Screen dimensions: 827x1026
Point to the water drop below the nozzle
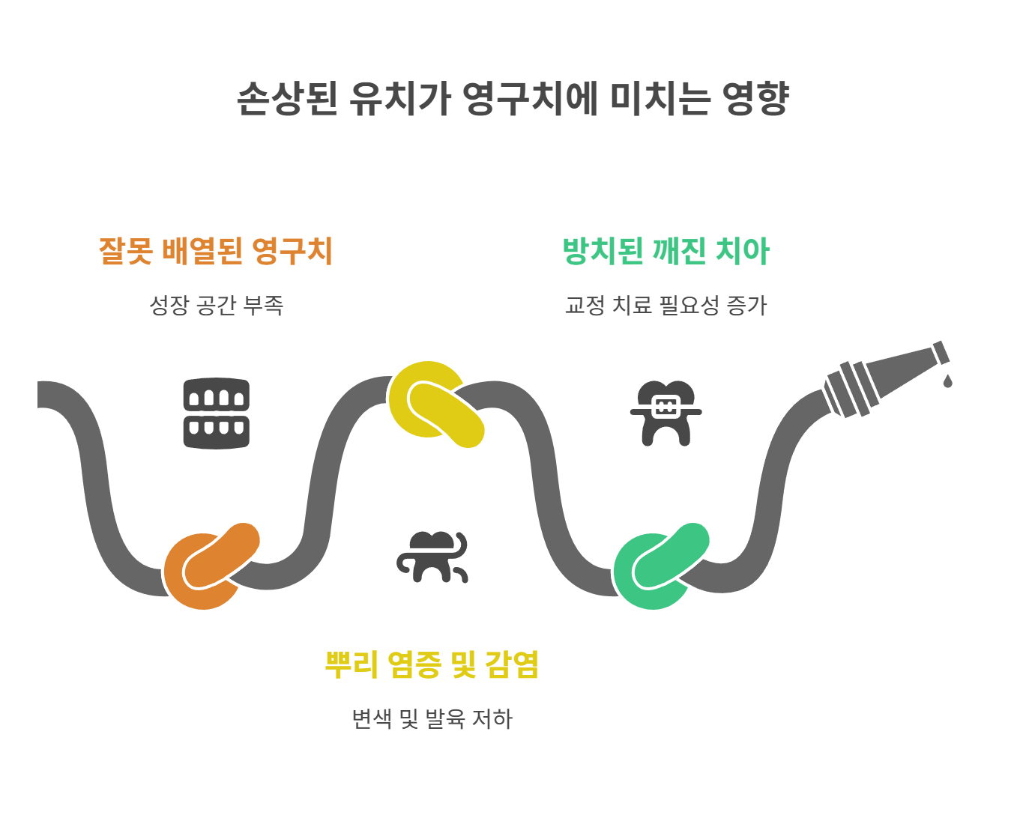click(x=947, y=381)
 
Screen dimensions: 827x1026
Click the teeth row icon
click(x=216, y=413)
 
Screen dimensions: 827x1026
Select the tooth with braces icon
click(x=666, y=413)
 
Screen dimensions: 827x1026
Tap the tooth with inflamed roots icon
click(x=432, y=557)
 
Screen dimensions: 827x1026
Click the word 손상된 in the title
click(x=287, y=98)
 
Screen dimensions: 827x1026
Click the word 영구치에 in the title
click(x=531, y=98)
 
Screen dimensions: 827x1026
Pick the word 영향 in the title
click(x=755, y=98)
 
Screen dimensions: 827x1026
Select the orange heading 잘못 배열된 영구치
click(x=216, y=250)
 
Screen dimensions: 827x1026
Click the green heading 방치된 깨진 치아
click(x=666, y=250)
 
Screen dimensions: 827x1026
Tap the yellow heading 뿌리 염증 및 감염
click(x=432, y=664)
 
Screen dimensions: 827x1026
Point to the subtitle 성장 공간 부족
click(x=216, y=305)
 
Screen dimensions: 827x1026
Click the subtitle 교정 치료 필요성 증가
click(x=666, y=305)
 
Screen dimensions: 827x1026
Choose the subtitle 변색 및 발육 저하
click(x=432, y=718)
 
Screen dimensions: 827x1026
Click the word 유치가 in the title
click(x=399, y=98)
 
